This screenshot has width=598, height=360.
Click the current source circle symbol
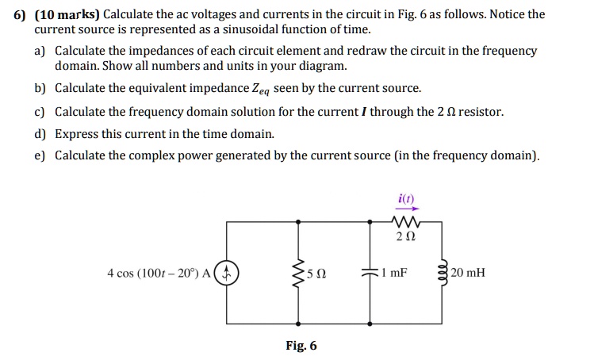[x=227, y=273]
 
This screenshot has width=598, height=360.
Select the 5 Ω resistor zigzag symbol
[x=298, y=274]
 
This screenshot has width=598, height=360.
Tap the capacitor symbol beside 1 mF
[x=370, y=273]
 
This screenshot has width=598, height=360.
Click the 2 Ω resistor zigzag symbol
[x=406, y=221]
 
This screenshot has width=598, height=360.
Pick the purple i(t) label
[x=406, y=199]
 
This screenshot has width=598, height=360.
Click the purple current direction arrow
[x=407, y=209]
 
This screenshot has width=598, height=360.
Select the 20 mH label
[x=468, y=273]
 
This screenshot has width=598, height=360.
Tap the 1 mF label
[x=394, y=273]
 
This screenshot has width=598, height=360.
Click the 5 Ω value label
[x=316, y=274]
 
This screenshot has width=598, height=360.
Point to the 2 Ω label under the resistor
[x=406, y=237]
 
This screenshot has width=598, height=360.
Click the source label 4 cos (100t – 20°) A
[x=159, y=274]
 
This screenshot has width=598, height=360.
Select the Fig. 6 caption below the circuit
[x=301, y=346]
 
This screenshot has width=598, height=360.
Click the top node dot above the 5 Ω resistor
[x=298, y=221]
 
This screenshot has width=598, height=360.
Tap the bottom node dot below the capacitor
[x=370, y=324]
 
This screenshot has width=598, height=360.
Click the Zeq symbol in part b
[x=261, y=90]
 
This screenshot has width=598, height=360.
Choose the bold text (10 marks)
[x=67, y=14]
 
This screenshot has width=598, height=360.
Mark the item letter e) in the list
[x=40, y=155]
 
